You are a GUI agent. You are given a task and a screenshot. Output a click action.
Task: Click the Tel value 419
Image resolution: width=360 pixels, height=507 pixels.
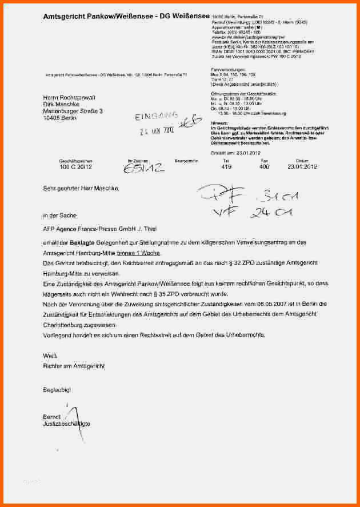pyautogui.click(x=226, y=167)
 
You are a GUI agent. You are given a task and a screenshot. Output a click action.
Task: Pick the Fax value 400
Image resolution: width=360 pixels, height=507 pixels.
pyautogui.click(x=264, y=167)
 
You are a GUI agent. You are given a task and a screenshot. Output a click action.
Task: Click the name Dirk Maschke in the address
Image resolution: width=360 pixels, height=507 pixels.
pyautogui.click(x=62, y=105)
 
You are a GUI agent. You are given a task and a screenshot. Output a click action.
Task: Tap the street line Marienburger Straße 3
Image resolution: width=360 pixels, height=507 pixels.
pyautogui.click(x=73, y=111)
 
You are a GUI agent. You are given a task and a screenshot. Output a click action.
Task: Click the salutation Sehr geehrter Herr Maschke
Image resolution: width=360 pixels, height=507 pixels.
pyautogui.click(x=82, y=188)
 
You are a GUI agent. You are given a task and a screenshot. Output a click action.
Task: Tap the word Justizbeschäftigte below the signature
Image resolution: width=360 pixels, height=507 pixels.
pyautogui.click(x=66, y=424)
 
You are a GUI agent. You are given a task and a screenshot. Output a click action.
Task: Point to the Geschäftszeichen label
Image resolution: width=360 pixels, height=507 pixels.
pyautogui.click(x=71, y=161)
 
